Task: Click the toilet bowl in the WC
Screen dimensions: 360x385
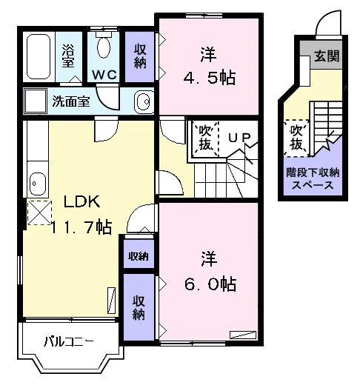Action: coord(104,47)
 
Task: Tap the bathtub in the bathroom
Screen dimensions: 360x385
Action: coord(39,56)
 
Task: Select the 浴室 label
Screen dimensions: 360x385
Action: coord(68,56)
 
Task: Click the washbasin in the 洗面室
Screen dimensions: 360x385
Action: coord(144,101)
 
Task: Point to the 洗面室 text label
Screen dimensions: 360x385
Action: coord(71,101)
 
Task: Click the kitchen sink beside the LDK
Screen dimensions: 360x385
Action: coord(38,184)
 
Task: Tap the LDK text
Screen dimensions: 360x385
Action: coord(81,201)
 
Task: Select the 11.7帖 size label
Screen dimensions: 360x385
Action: coord(81,227)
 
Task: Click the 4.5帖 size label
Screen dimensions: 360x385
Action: coord(210,78)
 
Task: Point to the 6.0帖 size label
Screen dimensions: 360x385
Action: coord(210,284)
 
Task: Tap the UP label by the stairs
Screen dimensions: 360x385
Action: coord(239,138)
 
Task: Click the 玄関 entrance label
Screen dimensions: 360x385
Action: coord(327,56)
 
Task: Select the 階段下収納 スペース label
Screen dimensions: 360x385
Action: coord(313,178)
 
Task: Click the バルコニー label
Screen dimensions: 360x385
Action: coord(69,342)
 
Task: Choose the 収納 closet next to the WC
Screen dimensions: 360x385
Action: coord(140,56)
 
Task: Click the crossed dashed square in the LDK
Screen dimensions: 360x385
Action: coord(39,212)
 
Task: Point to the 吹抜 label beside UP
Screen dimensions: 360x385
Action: coord(205,138)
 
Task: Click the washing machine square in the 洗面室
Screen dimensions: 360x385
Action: coord(36,101)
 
